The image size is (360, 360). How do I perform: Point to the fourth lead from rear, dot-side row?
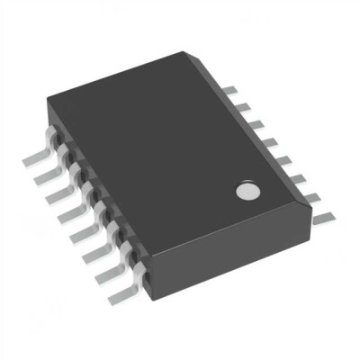click(x=269, y=139)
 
